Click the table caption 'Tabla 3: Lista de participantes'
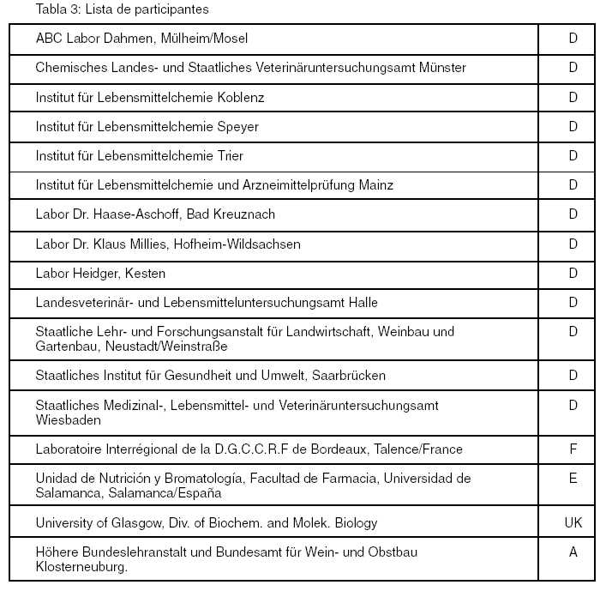123,10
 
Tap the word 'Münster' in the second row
443,68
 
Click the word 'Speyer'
238,126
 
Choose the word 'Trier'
230,155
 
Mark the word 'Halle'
360,302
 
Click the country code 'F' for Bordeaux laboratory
573,449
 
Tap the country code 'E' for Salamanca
573,479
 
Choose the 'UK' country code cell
573,522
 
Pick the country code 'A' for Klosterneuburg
573,552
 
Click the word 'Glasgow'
127,522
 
